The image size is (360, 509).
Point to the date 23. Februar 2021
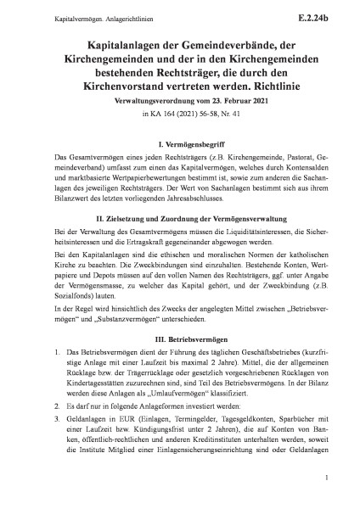216,101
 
